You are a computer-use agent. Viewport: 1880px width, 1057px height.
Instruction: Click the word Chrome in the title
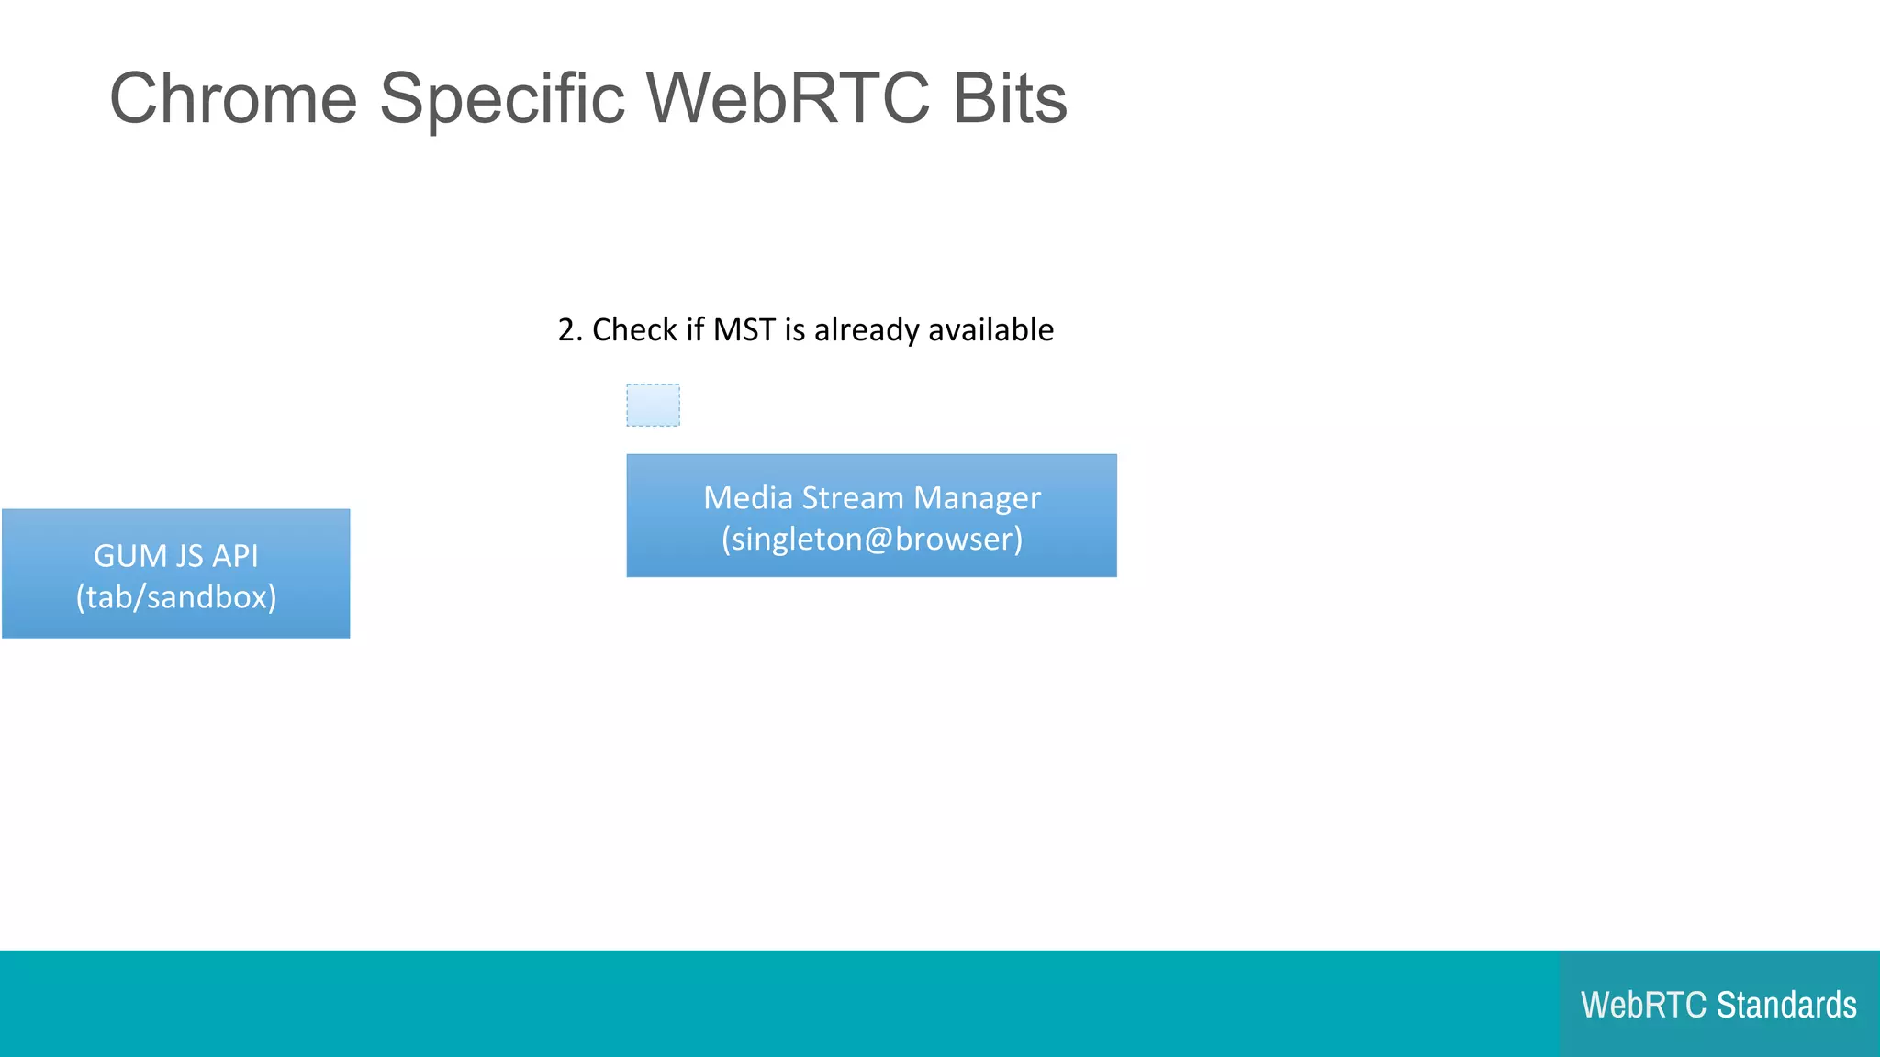[233, 98]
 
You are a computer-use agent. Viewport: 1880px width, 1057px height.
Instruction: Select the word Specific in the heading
[502, 98]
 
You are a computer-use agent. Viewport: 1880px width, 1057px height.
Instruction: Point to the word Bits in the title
[1010, 98]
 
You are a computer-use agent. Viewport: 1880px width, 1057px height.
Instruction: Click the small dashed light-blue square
[653, 405]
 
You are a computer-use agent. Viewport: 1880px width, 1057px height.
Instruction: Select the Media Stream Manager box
[871, 516]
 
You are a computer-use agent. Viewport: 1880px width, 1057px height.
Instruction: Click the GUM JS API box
[175, 573]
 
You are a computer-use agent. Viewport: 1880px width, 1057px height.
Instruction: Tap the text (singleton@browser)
[871, 539]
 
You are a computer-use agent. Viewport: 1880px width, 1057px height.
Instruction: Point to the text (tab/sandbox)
[175, 597]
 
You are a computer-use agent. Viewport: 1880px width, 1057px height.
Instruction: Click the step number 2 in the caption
[567, 329]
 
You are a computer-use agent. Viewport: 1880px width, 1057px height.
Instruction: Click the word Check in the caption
[634, 329]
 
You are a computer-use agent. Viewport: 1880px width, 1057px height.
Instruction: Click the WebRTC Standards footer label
[1718, 1005]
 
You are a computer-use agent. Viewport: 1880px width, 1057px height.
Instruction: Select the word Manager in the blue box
[977, 498]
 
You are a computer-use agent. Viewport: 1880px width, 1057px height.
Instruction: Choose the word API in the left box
[235, 556]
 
